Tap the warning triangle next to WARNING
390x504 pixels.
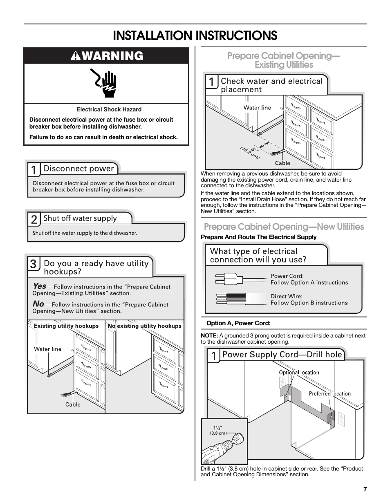[76, 56]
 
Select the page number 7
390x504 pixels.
[365, 490]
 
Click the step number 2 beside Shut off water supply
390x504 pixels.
[34, 220]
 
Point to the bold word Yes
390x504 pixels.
[39, 286]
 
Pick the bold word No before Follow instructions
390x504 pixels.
[38, 304]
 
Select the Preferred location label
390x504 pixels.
[329, 394]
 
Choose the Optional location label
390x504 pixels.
[299, 372]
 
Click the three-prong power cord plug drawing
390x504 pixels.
[229, 279]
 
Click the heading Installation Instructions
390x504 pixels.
[195, 36]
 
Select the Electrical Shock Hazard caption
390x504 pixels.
[109, 109]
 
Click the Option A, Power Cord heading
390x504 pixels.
[238, 323]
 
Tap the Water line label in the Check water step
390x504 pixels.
[257, 108]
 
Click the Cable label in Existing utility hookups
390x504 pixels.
[73, 404]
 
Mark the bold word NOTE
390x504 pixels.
[209, 336]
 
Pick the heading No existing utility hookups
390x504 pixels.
[144, 326]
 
